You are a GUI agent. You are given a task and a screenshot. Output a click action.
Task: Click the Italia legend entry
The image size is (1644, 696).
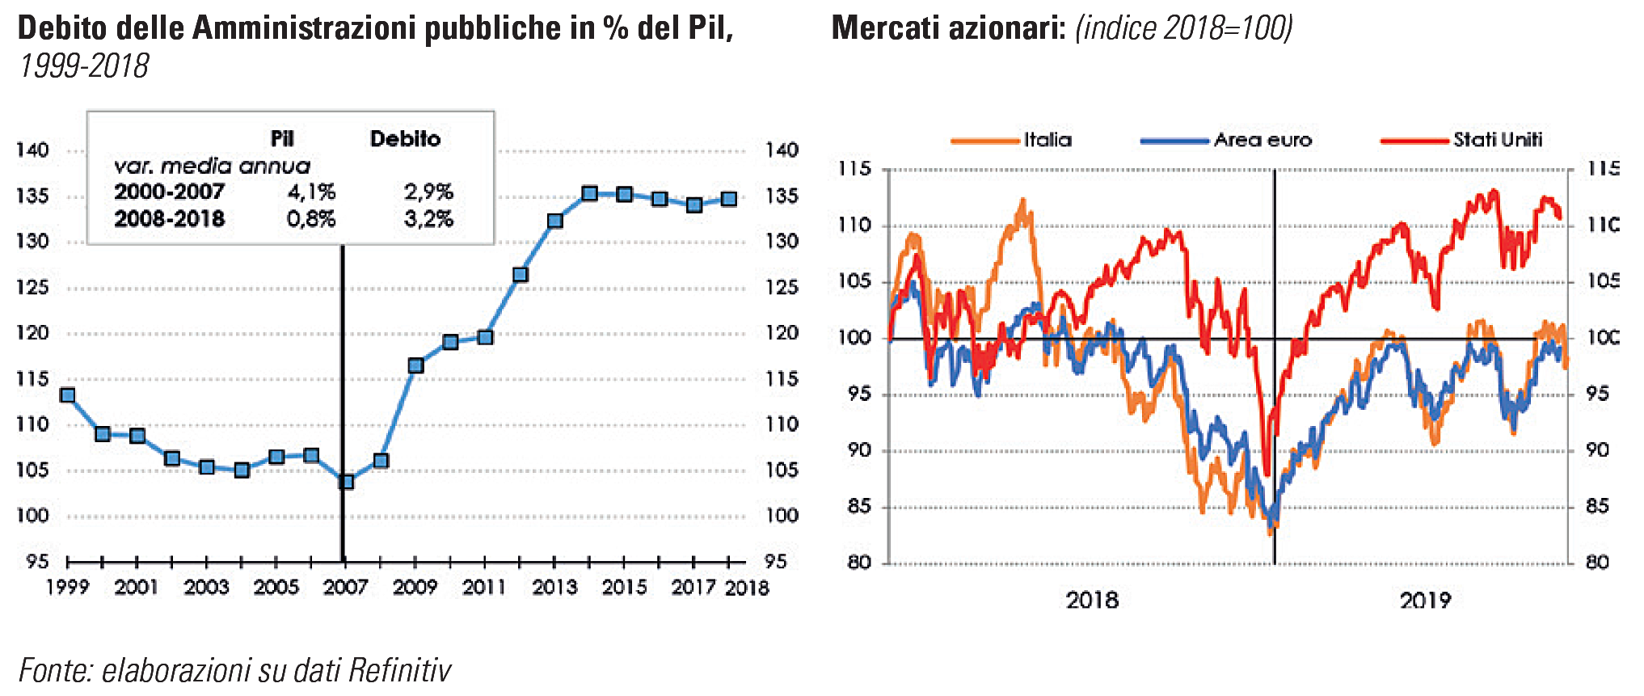tap(1047, 140)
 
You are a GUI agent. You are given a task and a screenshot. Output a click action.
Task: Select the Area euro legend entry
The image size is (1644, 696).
tap(1262, 140)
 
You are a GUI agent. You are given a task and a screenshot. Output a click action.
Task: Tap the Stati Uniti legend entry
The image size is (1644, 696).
tap(1497, 140)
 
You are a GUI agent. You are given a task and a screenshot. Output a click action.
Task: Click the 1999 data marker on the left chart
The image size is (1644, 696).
tap(68, 395)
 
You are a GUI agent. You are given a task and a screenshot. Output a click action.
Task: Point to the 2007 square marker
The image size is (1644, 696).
tap(347, 482)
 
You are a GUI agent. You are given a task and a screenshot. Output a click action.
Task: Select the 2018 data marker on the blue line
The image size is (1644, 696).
tap(729, 199)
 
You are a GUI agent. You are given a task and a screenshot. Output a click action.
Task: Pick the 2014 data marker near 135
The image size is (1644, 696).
tap(590, 194)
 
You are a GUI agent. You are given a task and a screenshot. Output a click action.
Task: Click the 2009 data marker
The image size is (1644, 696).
tap(416, 365)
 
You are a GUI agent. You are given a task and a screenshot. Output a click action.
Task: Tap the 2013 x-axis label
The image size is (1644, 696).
tap(554, 587)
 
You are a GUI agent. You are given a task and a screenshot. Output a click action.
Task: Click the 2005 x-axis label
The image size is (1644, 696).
tap(276, 587)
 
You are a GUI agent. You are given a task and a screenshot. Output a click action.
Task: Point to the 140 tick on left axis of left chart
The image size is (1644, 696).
tap(32, 150)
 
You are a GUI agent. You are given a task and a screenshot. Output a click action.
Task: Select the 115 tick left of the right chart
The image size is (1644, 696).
tap(854, 169)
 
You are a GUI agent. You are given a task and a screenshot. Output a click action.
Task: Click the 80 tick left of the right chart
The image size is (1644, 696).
tap(859, 562)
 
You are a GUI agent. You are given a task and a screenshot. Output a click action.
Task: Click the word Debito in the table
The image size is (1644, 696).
tap(405, 139)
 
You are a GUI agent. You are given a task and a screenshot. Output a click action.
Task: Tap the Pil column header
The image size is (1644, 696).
tap(282, 139)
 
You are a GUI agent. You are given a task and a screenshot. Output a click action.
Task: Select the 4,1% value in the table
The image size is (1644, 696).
tap(311, 192)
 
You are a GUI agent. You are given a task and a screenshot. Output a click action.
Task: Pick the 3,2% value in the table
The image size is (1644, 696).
tap(428, 219)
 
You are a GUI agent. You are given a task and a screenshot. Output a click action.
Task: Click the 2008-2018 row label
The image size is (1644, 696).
tap(169, 219)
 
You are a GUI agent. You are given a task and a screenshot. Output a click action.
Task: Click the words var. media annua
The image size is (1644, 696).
tap(212, 167)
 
